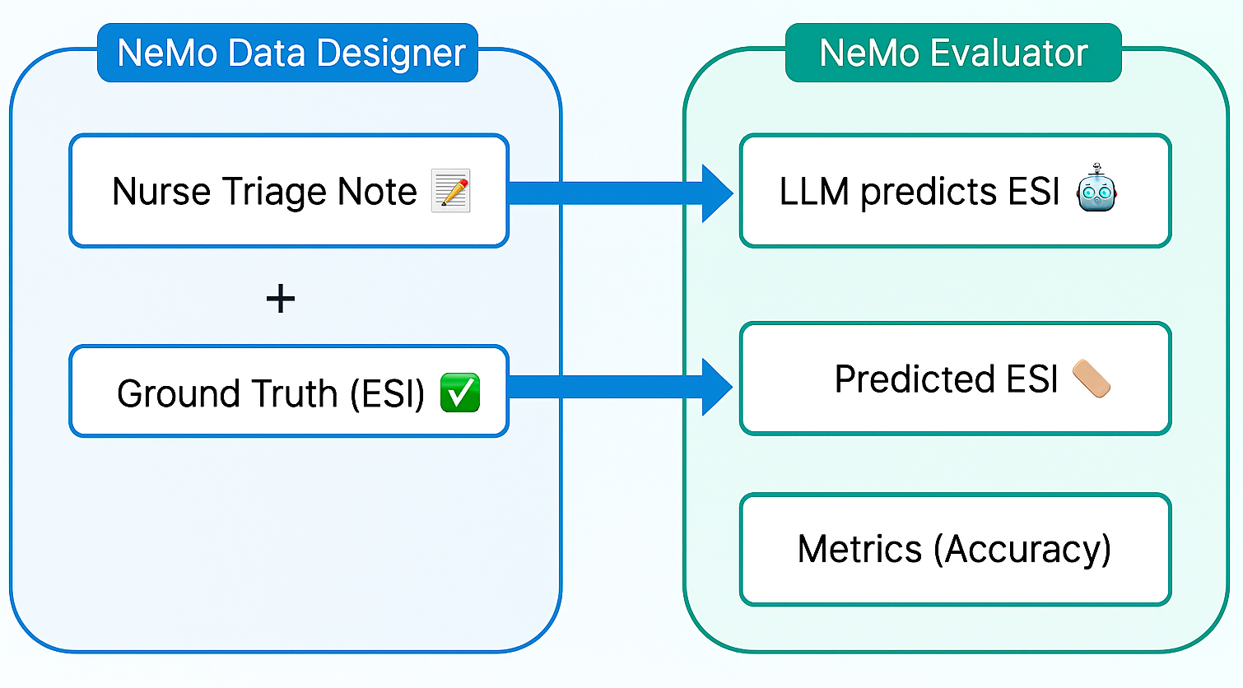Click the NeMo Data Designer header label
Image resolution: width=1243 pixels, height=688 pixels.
(x=288, y=53)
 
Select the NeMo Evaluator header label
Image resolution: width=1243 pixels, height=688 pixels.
(x=953, y=53)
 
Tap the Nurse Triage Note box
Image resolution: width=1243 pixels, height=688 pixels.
(x=289, y=191)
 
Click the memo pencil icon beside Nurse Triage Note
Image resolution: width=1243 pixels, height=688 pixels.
(x=451, y=191)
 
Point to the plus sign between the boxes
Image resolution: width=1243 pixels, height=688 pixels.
(x=281, y=298)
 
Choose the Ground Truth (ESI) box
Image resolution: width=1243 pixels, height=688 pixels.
(x=289, y=392)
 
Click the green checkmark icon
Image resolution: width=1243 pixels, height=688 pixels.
(x=460, y=393)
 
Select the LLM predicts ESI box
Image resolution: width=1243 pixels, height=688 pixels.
(x=955, y=191)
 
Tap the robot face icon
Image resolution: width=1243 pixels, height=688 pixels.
(x=1096, y=188)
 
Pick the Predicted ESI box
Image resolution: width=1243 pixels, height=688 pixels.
(x=955, y=379)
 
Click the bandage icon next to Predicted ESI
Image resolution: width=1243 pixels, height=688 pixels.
(x=1092, y=379)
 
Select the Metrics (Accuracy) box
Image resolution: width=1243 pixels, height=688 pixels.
(x=955, y=549)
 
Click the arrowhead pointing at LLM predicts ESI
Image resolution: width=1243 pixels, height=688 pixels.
(x=716, y=193)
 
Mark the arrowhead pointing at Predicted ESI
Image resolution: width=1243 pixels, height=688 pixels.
(x=716, y=387)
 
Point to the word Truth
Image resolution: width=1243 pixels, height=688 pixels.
(x=295, y=393)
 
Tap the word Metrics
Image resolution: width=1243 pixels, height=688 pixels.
(x=859, y=549)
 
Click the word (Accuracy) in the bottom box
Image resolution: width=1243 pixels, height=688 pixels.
(x=1022, y=550)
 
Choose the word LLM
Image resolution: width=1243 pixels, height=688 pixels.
(x=814, y=192)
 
